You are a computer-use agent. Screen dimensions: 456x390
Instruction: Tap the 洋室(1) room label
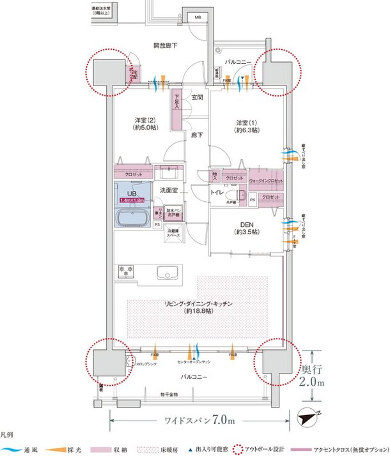click(246, 125)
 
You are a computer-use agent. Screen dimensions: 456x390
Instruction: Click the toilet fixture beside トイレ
click(240, 195)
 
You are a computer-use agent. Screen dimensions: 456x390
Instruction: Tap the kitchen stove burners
click(126, 272)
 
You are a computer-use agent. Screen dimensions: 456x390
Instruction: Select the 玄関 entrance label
click(197, 98)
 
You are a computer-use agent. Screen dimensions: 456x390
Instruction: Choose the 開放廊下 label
click(165, 46)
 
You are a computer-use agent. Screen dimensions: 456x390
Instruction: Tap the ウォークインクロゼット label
click(265, 181)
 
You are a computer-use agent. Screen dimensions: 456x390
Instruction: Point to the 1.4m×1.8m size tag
click(131, 200)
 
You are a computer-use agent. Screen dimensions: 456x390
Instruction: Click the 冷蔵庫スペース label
click(173, 234)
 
